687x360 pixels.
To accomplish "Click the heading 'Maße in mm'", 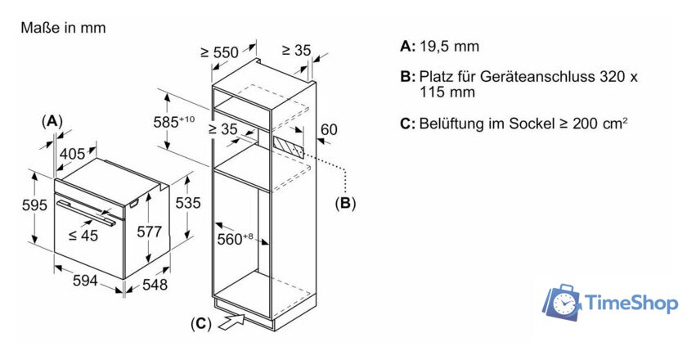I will click(63, 29).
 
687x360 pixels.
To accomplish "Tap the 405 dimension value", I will click(72, 152).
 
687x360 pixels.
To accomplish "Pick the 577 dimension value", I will click(149, 232).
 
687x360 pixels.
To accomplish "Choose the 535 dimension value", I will click(188, 203).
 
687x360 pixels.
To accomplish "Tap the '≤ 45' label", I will click(83, 235).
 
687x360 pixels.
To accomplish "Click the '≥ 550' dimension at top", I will click(219, 52).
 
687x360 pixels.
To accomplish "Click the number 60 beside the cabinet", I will click(329, 129).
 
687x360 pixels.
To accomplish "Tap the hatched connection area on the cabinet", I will click(288, 146).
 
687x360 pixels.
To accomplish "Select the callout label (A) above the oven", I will click(52, 121).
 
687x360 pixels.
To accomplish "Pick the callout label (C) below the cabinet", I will click(201, 324).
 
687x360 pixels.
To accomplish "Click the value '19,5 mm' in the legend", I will click(450, 47).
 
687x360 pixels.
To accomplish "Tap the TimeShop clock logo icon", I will click(562, 302).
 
